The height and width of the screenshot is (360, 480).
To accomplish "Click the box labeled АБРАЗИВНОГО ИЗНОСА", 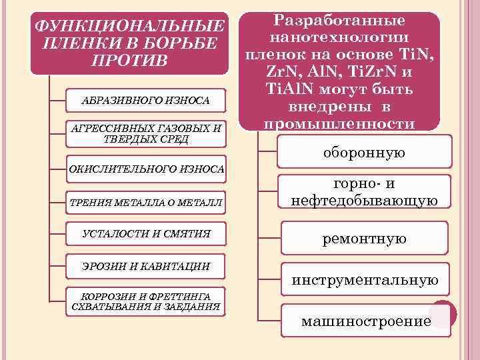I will click(145, 100).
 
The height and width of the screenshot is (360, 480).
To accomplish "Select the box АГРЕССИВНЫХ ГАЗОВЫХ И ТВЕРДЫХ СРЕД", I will click(146, 133).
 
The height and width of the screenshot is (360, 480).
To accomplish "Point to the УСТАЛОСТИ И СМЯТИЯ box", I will click(146, 233).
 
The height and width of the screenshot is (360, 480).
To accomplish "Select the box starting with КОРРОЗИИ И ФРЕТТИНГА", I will click(146, 301).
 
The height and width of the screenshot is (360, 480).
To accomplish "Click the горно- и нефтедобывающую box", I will click(364, 192).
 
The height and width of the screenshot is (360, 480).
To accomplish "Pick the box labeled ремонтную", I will click(364, 238).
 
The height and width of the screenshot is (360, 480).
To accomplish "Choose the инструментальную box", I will click(364, 281).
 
